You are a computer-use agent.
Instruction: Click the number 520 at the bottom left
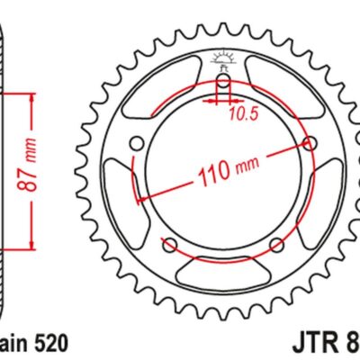pos(46,343)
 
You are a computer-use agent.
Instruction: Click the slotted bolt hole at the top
pos(223,89)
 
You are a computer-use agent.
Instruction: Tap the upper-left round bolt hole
pos(138,143)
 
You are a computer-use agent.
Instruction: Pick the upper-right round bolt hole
pos(310,143)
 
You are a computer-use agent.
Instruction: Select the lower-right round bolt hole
pos(277,245)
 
